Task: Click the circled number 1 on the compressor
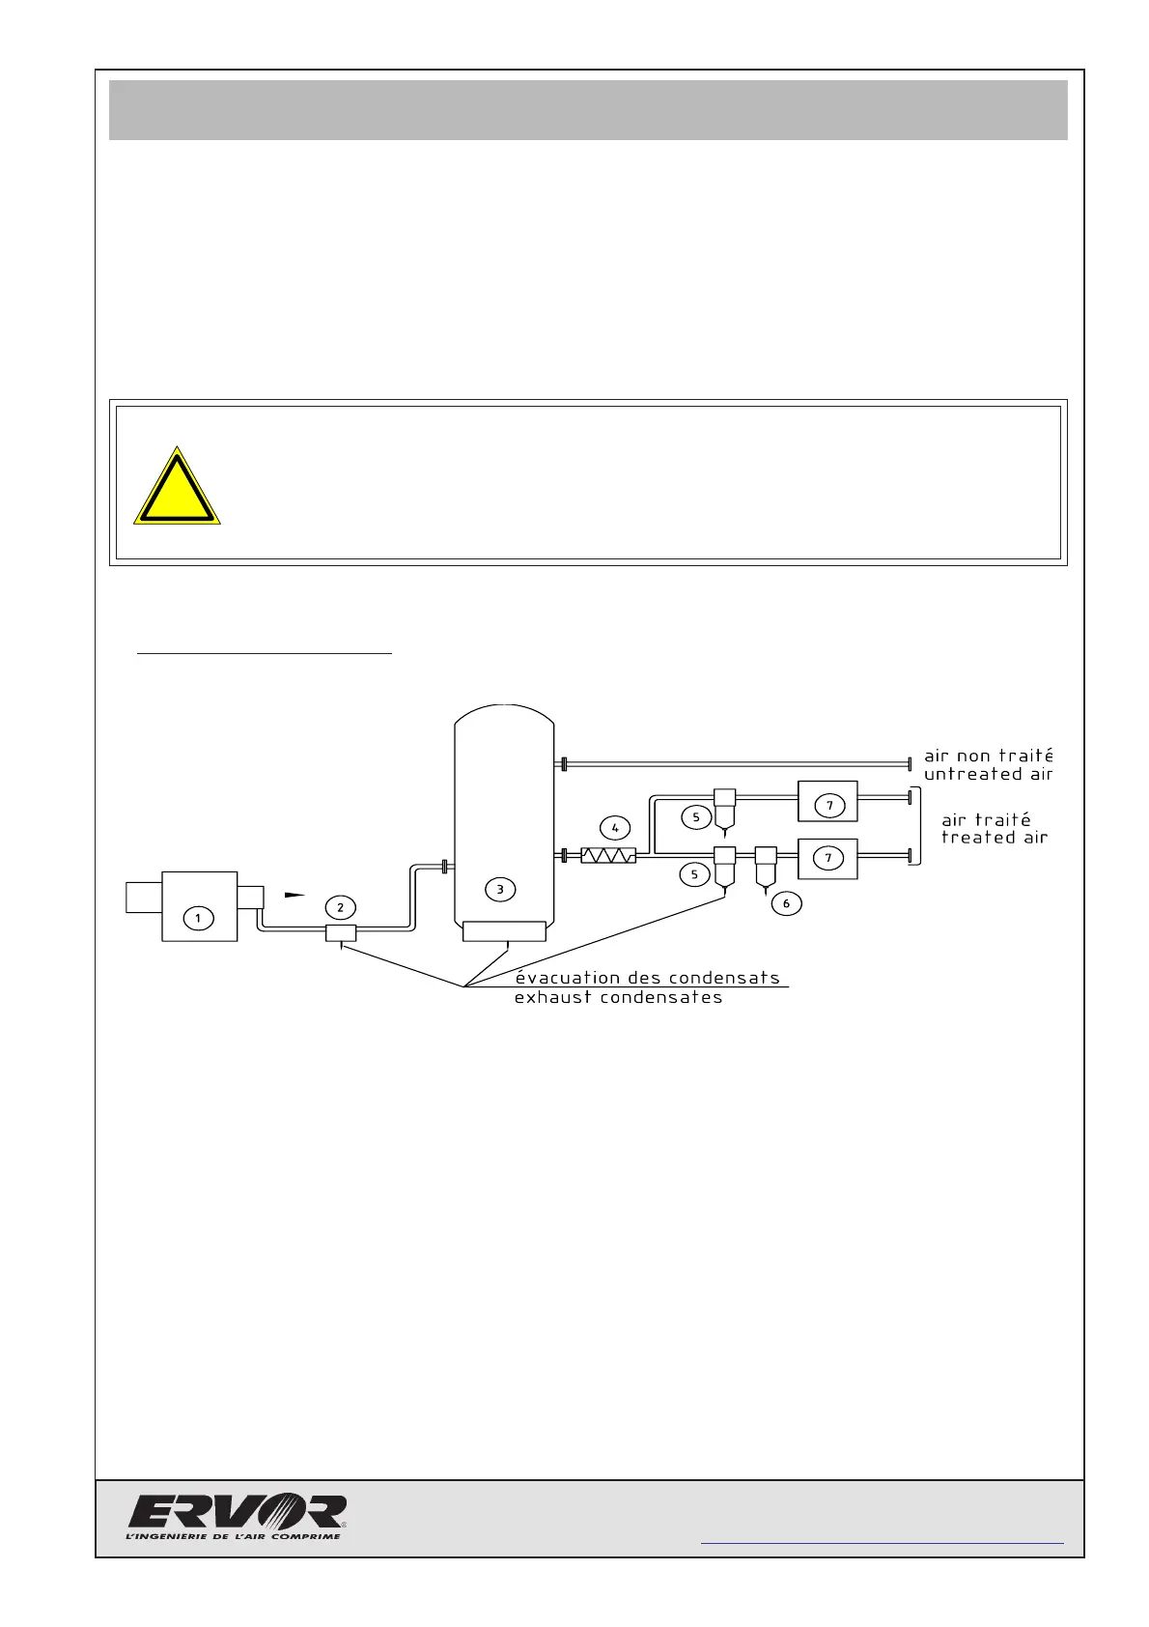click(198, 917)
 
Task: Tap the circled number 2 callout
click(340, 907)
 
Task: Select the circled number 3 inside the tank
click(500, 889)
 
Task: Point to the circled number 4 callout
click(615, 828)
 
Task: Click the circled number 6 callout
click(786, 903)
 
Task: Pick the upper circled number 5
click(695, 817)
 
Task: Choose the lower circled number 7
click(828, 858)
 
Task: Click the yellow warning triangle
click(177, 488)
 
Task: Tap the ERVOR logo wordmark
click(238, 1512)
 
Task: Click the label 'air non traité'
click(988, 756)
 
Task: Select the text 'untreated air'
click(988, 774)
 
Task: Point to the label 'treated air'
click(995, 838)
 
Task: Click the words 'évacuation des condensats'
click(647, 977)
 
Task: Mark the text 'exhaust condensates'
click(618, 997)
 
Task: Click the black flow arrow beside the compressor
click(294, 896)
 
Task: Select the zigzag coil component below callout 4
click(608, 855)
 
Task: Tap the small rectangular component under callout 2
click(340, 932)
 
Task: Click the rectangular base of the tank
click(504, 931)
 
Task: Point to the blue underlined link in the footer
click(882, 1543)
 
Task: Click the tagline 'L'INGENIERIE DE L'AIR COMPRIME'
click(234, 1536)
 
